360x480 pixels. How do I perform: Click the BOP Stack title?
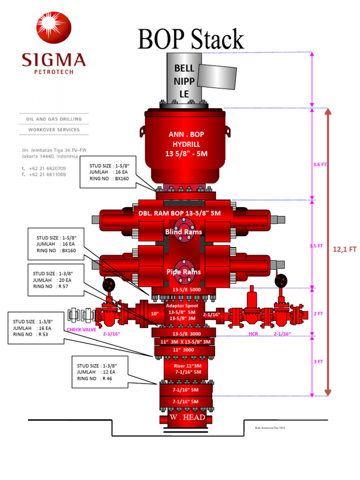click(x=191, y=39)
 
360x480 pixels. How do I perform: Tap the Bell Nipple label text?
click(x=184, y=81)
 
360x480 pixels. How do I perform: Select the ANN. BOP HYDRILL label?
click(x=186, y=144)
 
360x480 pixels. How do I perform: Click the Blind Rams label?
click(x=183, y=232)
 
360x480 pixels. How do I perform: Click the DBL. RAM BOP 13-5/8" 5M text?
click(x=186, y=213)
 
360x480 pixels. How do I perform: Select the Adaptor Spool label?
click(x=181, y=305)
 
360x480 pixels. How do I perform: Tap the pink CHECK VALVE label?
click(x=82, y=330)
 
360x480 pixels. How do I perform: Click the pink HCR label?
click(x=253, y=334)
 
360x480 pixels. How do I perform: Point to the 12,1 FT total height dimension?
click(x=345, y=250)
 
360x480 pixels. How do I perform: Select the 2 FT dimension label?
click(x=318, y=313)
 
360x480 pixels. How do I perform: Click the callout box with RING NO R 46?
click(x=99, y=372)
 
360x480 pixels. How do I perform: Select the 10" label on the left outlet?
click(x=154, y=313)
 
